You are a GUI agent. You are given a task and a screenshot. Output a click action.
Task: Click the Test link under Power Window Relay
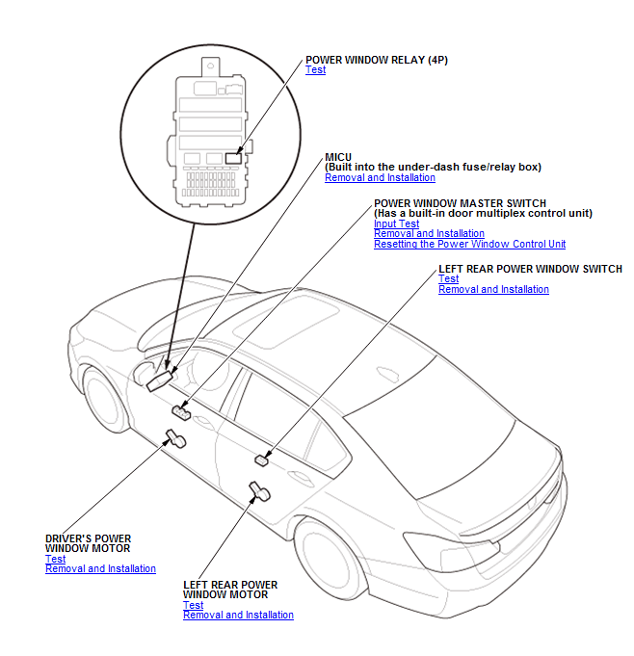(315, 70)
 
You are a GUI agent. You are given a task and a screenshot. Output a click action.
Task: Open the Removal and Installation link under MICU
(380, 177)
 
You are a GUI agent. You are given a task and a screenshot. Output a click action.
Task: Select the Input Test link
(396, 223)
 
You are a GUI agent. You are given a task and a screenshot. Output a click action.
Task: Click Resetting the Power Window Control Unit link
(469, 245)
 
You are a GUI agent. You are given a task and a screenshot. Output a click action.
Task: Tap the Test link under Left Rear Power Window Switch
(448, 279)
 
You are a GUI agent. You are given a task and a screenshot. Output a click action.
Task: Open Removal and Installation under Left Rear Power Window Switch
(493, 290)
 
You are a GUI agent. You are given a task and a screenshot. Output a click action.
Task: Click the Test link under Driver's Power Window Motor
(55, 559)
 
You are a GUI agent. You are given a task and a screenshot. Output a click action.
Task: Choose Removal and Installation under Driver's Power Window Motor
(100, 569)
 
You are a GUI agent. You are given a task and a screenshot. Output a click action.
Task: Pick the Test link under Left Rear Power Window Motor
(193, 605)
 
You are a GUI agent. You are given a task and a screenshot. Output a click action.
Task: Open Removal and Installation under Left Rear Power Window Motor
(238, 616)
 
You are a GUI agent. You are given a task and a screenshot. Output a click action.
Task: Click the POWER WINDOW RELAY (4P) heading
(376, 60)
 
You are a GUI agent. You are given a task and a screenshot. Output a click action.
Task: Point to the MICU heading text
(338, 156)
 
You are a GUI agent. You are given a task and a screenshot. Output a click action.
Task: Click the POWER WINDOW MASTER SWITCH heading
(460, 203)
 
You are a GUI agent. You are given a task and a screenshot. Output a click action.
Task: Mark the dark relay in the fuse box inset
(233, 157)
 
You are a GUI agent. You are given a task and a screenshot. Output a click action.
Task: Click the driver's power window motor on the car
(176, 440)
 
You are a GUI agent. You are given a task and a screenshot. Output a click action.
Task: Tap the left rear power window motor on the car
(258, 494)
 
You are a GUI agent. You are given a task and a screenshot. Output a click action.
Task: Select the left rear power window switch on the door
(261, 460)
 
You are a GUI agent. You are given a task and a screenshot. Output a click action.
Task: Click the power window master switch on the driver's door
(181, 412)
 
